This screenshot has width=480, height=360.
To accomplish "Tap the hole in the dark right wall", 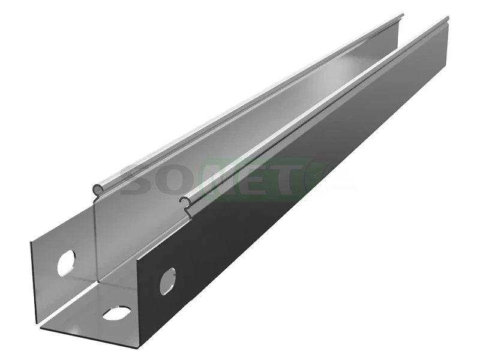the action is click(168, 281).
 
